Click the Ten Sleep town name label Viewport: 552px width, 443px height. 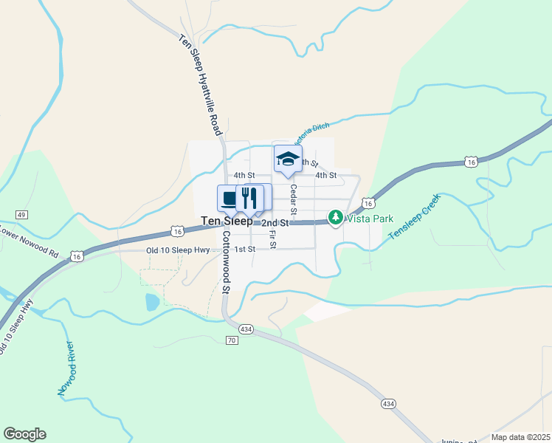(x=227, y=221)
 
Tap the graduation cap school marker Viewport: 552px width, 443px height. (x=288, y=159)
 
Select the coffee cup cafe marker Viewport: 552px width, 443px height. (x=230, y=198)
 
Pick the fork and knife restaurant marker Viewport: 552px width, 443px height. (x=249, y=198)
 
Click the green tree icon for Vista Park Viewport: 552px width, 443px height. (x=336, y=217)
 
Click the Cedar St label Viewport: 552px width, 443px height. (x=293, y=200)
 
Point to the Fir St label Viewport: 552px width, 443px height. (x=272, y=239)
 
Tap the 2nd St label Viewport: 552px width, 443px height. (x=274, y=222)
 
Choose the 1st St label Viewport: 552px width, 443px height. (x=244, y=250)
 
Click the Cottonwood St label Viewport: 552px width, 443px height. (x=227, y=261)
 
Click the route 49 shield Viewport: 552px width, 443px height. (x=20, y=214)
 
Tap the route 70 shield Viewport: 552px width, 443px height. (x=231, y=340)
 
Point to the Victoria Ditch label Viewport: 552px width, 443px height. (x=311, y=131)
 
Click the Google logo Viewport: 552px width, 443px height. (x=24, y=434)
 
